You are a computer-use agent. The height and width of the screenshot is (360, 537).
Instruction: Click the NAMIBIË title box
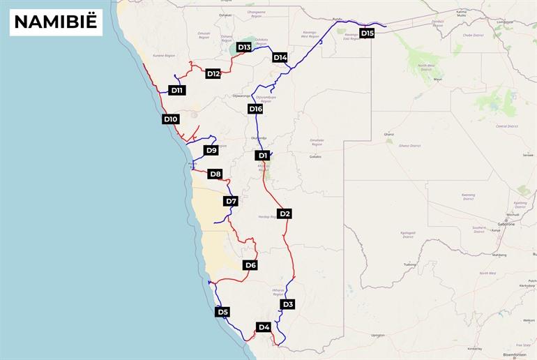point(56,22)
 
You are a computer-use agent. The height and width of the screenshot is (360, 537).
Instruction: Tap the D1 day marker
point(262,155)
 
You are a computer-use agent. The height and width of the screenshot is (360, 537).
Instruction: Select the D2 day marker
point(284,213)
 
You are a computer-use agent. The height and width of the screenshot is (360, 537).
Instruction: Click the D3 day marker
point(288,304)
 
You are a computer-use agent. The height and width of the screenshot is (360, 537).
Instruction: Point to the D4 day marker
point(264,327)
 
